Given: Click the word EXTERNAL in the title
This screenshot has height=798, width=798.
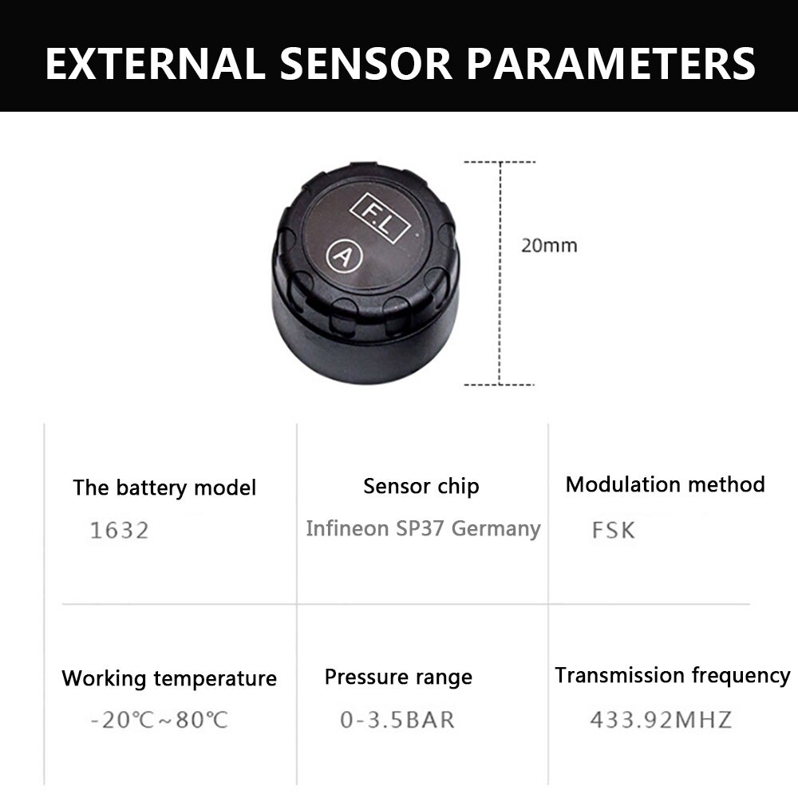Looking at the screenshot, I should (x=154, y=64).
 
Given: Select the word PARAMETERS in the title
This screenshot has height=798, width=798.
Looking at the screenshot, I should (x=611, y=64).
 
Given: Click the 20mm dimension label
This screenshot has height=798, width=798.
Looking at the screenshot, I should (x=548, y=245).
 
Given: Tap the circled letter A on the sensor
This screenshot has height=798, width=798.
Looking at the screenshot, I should (x=341, y=257).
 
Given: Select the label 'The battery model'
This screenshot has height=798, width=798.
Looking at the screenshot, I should (x=164, y=488).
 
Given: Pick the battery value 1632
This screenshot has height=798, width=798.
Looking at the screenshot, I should (x=119, y=531).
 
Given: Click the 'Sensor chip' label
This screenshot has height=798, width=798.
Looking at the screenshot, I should (x=421, y=486).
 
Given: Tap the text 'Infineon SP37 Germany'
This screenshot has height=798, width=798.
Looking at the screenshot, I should (x=423, y=528).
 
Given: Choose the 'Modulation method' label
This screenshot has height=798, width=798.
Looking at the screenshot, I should (x=665, y=484).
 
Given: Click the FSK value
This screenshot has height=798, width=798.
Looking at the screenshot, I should (x=613, y=531).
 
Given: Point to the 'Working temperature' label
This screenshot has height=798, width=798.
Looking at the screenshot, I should (x=169, y=679).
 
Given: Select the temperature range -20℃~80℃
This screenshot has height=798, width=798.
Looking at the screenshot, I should (x=159, y=720).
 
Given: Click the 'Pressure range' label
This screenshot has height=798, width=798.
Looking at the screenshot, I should (x=398, y=678).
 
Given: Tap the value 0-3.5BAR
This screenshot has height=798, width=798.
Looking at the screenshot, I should (x=397, y=720).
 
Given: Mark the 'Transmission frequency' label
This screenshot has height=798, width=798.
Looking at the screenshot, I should (x=672, y=676).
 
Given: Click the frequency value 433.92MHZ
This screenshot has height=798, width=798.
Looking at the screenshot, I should (x=660, y=720).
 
